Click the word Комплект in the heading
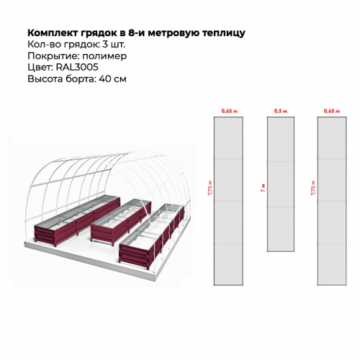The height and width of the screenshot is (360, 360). click(53, 32)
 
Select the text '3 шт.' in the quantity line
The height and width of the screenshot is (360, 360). click(114, 45)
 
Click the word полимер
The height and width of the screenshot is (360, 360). click(104, 56)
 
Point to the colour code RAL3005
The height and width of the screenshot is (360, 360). click(77, 67)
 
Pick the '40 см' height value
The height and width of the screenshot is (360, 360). click(112, 79)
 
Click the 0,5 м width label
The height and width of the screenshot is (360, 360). click(281, 111)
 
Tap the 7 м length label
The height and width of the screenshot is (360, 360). click(263, 188)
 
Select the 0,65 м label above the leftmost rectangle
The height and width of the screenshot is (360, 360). click(229, 111)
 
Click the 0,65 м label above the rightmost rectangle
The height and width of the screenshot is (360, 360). click(332, 111)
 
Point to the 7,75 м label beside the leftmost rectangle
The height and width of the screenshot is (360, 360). click(210, 187)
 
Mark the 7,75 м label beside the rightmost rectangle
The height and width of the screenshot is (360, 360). click(313, 187)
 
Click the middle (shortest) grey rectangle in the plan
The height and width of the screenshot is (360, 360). click(281, 184)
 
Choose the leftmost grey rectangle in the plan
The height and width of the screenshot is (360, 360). click(228, 201)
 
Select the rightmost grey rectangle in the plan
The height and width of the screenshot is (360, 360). click(332, 201)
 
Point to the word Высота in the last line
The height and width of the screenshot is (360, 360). click(45, 79)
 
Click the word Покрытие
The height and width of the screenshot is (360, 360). click(53, 56)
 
